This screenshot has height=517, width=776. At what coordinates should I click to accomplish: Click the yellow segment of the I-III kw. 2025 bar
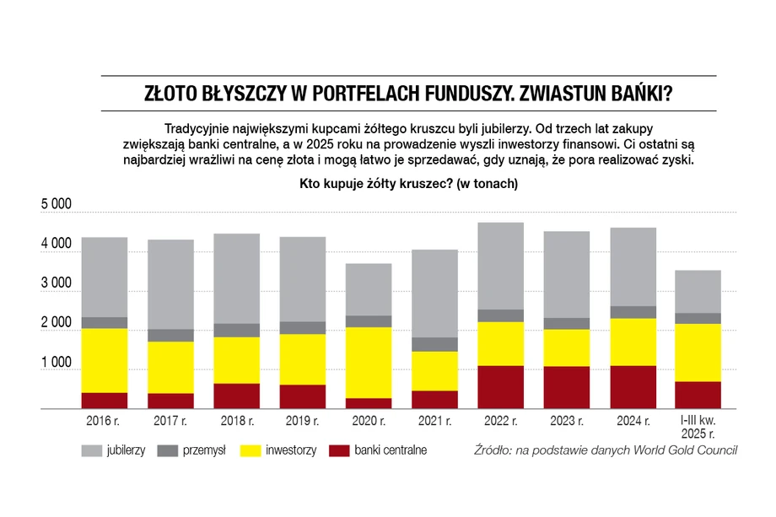(x=697, y=353)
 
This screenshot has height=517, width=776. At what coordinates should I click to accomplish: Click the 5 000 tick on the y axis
(x=57, y=206)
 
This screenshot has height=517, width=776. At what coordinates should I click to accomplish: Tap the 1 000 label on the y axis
(x=57, y=364)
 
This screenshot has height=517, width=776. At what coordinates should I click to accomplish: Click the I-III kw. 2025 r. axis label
(x=697, y=427)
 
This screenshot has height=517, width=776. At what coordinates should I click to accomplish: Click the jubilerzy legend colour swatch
(x=92, y=450)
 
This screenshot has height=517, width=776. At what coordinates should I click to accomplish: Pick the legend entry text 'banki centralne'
(x=391, y=450)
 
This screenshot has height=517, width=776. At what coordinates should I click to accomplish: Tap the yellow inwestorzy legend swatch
(x=251, y=450)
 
